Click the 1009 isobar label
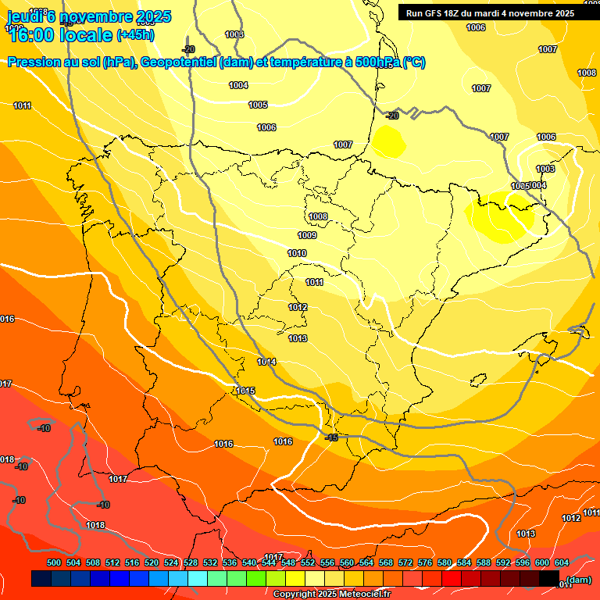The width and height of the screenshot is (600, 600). pos(307,235)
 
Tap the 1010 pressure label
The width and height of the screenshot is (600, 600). pos(297,253)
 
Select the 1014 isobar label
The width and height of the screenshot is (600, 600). pos(266,362)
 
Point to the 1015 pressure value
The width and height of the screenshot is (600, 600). pos(246,391)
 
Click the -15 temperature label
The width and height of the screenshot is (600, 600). pos(331,437)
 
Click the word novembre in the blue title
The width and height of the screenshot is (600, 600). pos(95,16)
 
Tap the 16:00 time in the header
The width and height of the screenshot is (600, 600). pos(34,35)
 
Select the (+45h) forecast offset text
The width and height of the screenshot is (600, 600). pos(135,35)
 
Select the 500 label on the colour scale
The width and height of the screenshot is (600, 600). pos(54,562)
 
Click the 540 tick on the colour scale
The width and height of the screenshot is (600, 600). pos(249,562)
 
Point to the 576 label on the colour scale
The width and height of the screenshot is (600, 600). pos(425,562)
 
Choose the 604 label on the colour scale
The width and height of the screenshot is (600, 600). pos(562,562)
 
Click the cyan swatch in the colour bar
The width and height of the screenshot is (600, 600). pos(197,578)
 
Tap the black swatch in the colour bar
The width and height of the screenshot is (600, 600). pos(549,578)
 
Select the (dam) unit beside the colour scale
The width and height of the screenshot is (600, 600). pos(579,580)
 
